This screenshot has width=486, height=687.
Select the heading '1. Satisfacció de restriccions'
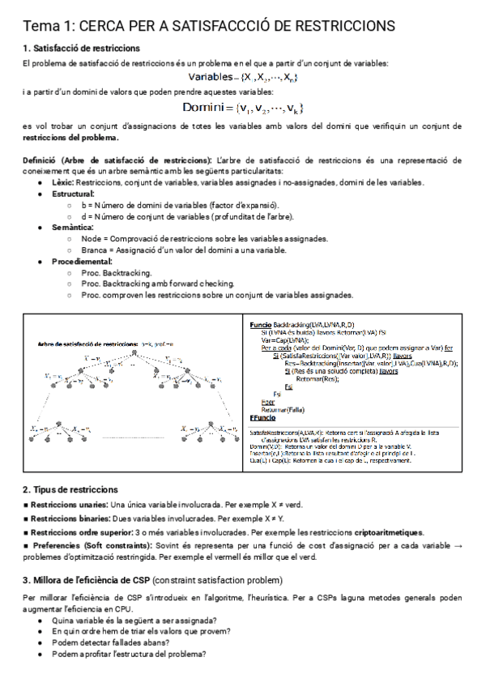[81, 49]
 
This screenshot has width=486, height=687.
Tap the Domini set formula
[242, 107]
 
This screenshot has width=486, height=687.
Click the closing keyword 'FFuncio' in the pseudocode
[263, 416]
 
